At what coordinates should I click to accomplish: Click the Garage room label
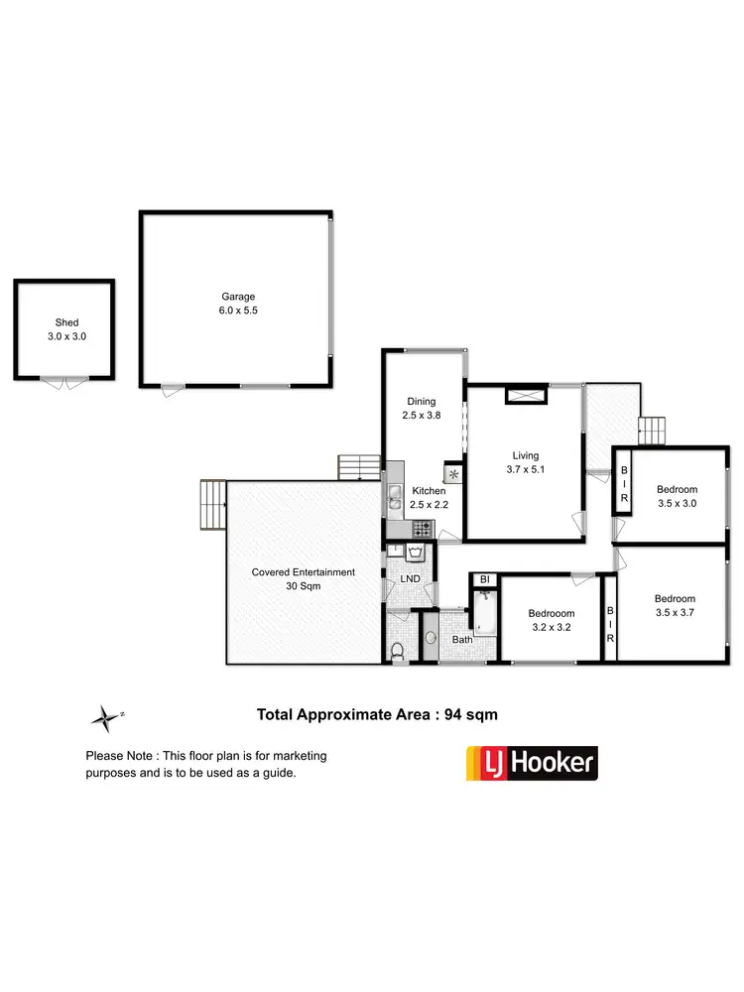(238, 297)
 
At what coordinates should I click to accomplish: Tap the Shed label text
(66, 323)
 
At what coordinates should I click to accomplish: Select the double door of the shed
(64, 383)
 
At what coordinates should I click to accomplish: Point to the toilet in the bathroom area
(398, 652)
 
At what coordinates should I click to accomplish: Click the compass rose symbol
(103, 715)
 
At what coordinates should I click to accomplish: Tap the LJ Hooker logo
(532, 763)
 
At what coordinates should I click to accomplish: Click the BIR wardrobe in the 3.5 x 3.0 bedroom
(625, 483)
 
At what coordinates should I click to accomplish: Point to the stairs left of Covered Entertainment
(212, 506)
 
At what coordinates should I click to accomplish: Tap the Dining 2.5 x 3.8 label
(421, 409)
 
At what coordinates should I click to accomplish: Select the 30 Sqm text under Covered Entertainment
(304, 586)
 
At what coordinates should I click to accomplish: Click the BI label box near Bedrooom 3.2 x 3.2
(485, 579)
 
